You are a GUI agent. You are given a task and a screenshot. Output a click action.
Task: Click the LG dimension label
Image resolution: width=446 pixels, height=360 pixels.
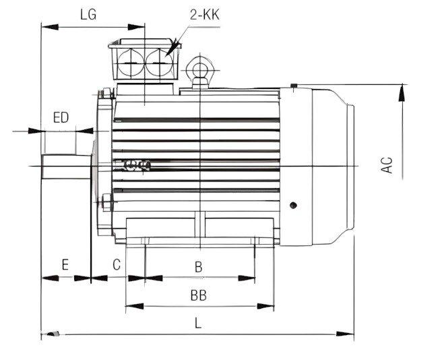click(88, 15)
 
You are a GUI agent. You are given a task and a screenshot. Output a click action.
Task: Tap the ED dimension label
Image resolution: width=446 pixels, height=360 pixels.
click(61, 117)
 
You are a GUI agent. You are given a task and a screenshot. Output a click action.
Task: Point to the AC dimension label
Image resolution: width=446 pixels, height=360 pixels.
click(387, 165)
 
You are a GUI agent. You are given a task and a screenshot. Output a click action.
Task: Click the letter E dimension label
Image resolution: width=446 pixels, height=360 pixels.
click(65, 265)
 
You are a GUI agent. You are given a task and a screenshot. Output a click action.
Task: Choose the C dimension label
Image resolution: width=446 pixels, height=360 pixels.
click(117, 265)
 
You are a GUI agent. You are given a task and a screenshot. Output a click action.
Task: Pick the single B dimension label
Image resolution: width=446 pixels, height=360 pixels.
click(199, 267)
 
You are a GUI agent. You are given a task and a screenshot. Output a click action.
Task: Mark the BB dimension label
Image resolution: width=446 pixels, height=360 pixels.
click(198, 295)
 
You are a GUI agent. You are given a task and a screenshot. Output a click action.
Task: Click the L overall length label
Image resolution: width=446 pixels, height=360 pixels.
click(197, 322)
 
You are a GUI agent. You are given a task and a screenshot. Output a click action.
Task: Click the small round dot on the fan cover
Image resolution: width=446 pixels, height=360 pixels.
click(293, 204)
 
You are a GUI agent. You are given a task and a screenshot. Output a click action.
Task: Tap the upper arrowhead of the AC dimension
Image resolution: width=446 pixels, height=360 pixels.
click(403, 91)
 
